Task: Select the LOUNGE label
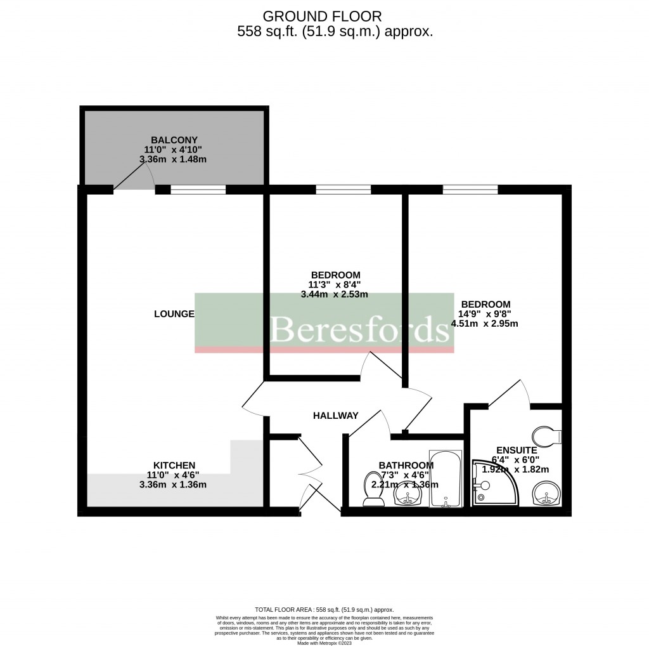pyautogui.click(x=174, y=314)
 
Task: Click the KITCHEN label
pyautogui.click(x=173, y=465)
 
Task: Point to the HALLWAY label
pyautogui.click(x=335, y=416)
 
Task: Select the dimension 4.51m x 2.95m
pyautogui.click(x=484, y=324)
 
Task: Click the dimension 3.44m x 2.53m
pyautogui.click(x=334, y=294)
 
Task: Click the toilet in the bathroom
pyautogui.click(x=373, y=491)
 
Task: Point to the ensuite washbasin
pyautogui.click(x=546, y=493)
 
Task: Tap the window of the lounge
pyautogui.click(x=198, y=188)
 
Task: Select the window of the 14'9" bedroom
pyautogui.click(x=470, y=188)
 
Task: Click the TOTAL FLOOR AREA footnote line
pyautogui.click(x=324, y=608)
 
